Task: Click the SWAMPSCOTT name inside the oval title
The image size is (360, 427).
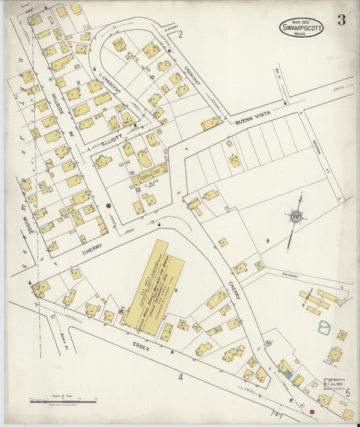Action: (301, 28)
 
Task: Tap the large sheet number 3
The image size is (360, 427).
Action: (342, 20)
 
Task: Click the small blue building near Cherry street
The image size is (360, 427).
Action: (288, 373)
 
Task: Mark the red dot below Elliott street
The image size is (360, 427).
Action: (107, 205)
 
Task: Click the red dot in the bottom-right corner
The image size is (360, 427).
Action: (312, 411)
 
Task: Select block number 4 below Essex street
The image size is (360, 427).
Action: (180, 377)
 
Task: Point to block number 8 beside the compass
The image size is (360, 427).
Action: (267, 240)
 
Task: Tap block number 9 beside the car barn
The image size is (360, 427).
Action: (176, 291)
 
